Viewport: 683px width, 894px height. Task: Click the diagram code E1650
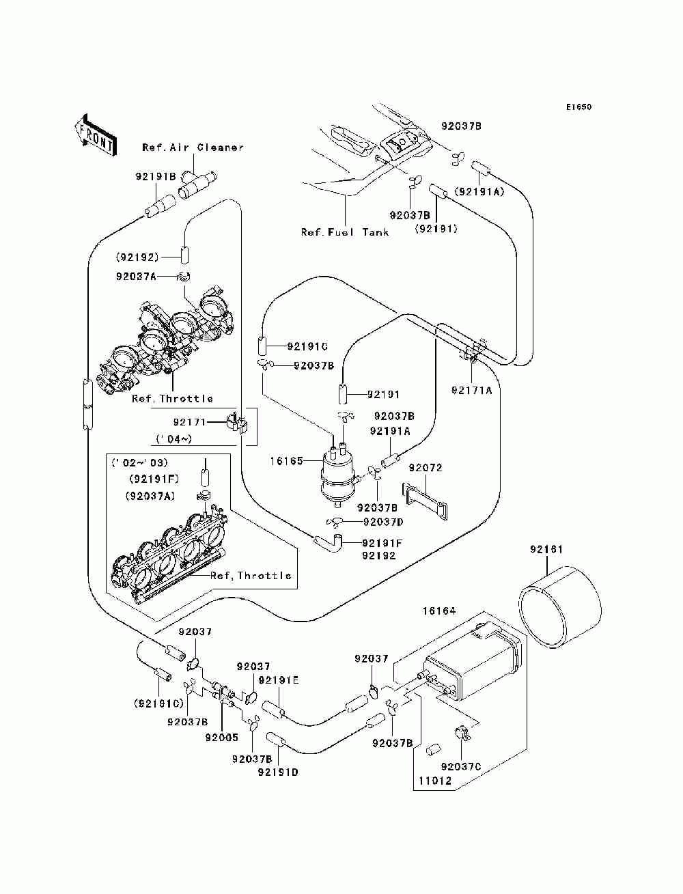pyautogui.click(x=579, y=107)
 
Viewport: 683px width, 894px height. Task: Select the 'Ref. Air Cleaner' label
pyautogui.click(x=193, y=148)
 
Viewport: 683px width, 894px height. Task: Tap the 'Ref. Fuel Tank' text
pyautogui.click(x=344, y=232)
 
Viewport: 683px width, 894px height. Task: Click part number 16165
pyautogui.click(x=287, y=461)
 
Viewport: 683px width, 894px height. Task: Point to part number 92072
pyautogui.click(x=426, y=468)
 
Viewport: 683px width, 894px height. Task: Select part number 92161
pyautogui.click(x=546, y=549)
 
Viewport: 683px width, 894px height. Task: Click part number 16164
pyautogui.click(x=439, y=611)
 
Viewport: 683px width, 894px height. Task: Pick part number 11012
pyautogui.click(x=435, y=781)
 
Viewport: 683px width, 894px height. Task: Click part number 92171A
pyautogui.click(x=472, y=391)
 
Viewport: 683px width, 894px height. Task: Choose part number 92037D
pyautogui.click(x=383, y=522)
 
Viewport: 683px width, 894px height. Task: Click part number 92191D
pyautogui.click(x=278, y=772)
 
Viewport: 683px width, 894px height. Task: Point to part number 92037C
pyautogui.click(x=461, y=767)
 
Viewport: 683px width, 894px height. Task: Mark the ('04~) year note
pyautogui.click(x=174, y=438)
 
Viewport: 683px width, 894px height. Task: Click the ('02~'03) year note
pyautogui.click(x=139, y=462)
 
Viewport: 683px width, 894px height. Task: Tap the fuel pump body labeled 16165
pyautogui.click(x=338, y=477)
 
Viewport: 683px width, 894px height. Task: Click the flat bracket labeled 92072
pyautogui.click(x=424, y=501)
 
